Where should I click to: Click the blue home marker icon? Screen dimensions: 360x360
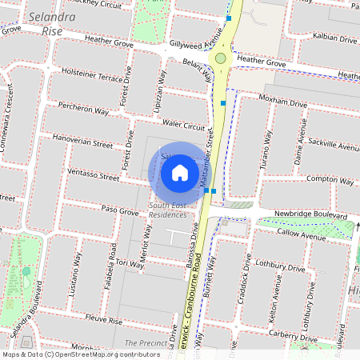(180, 172)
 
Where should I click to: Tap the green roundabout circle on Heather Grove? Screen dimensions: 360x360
(221, 58)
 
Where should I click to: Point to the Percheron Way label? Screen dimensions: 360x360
(83, 112)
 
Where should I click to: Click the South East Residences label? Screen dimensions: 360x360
(167, 210)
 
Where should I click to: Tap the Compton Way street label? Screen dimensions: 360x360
(330, 180)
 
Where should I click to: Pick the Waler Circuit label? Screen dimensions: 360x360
(183, 126)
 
